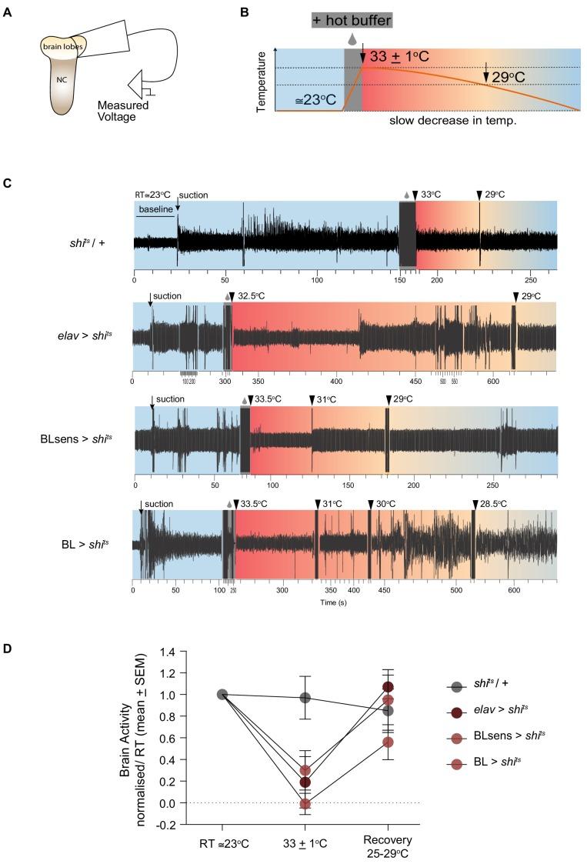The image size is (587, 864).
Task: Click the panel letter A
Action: pos(8,12)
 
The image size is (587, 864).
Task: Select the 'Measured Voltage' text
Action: pos(128,111)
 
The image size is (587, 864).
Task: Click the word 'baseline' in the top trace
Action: pos(155,208)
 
